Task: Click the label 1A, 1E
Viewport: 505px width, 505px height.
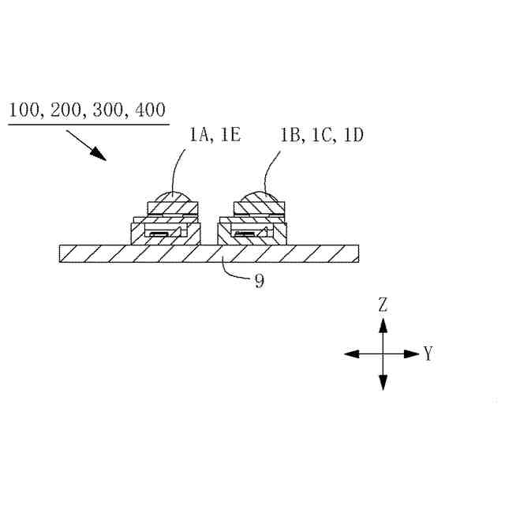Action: [x=215, y=136]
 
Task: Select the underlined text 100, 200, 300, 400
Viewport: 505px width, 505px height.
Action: [x=88, y=110]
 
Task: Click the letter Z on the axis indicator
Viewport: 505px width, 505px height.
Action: [x=383, y=305]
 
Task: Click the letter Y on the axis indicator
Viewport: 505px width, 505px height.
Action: [x=428, y=354]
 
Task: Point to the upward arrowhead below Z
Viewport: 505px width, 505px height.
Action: [x=383, y=324]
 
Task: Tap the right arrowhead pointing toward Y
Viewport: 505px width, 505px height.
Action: [x=412, y=354]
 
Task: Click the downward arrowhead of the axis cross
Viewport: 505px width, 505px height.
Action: [x=383, y=383]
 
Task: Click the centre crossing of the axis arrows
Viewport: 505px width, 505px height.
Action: [x=383, y=354]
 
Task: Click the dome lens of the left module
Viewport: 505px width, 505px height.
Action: [x=173, y=198]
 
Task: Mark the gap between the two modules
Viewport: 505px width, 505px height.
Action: [x=210, y=233]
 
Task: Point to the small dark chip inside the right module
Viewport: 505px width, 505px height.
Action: [x=247, y=234]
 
